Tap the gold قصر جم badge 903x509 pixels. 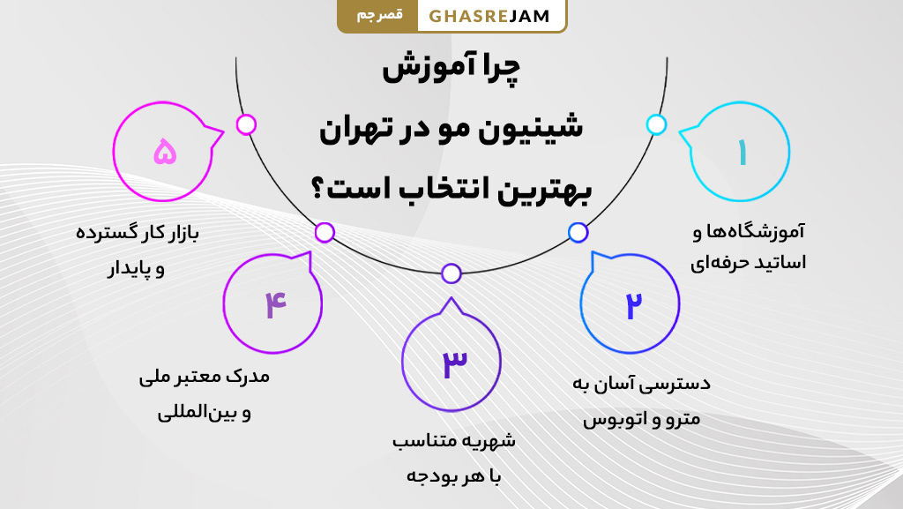pyautogui.click(x=379, y=16)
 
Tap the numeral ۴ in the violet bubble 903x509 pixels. pyautogui.click(x=274, y=304)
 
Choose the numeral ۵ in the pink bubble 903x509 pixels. pyautogui.click(x=165, y=153)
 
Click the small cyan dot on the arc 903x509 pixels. pyautogui.click(x=656, y=124)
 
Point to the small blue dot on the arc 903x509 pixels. pyautogui.click(x=578, y=232)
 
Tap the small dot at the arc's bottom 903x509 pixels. pyautogui.click(x=451, y=273)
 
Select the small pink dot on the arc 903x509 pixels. pyautogui.click(x=247, y=124)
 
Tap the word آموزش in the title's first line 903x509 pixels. pyautogui.click(x=417, y=71)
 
